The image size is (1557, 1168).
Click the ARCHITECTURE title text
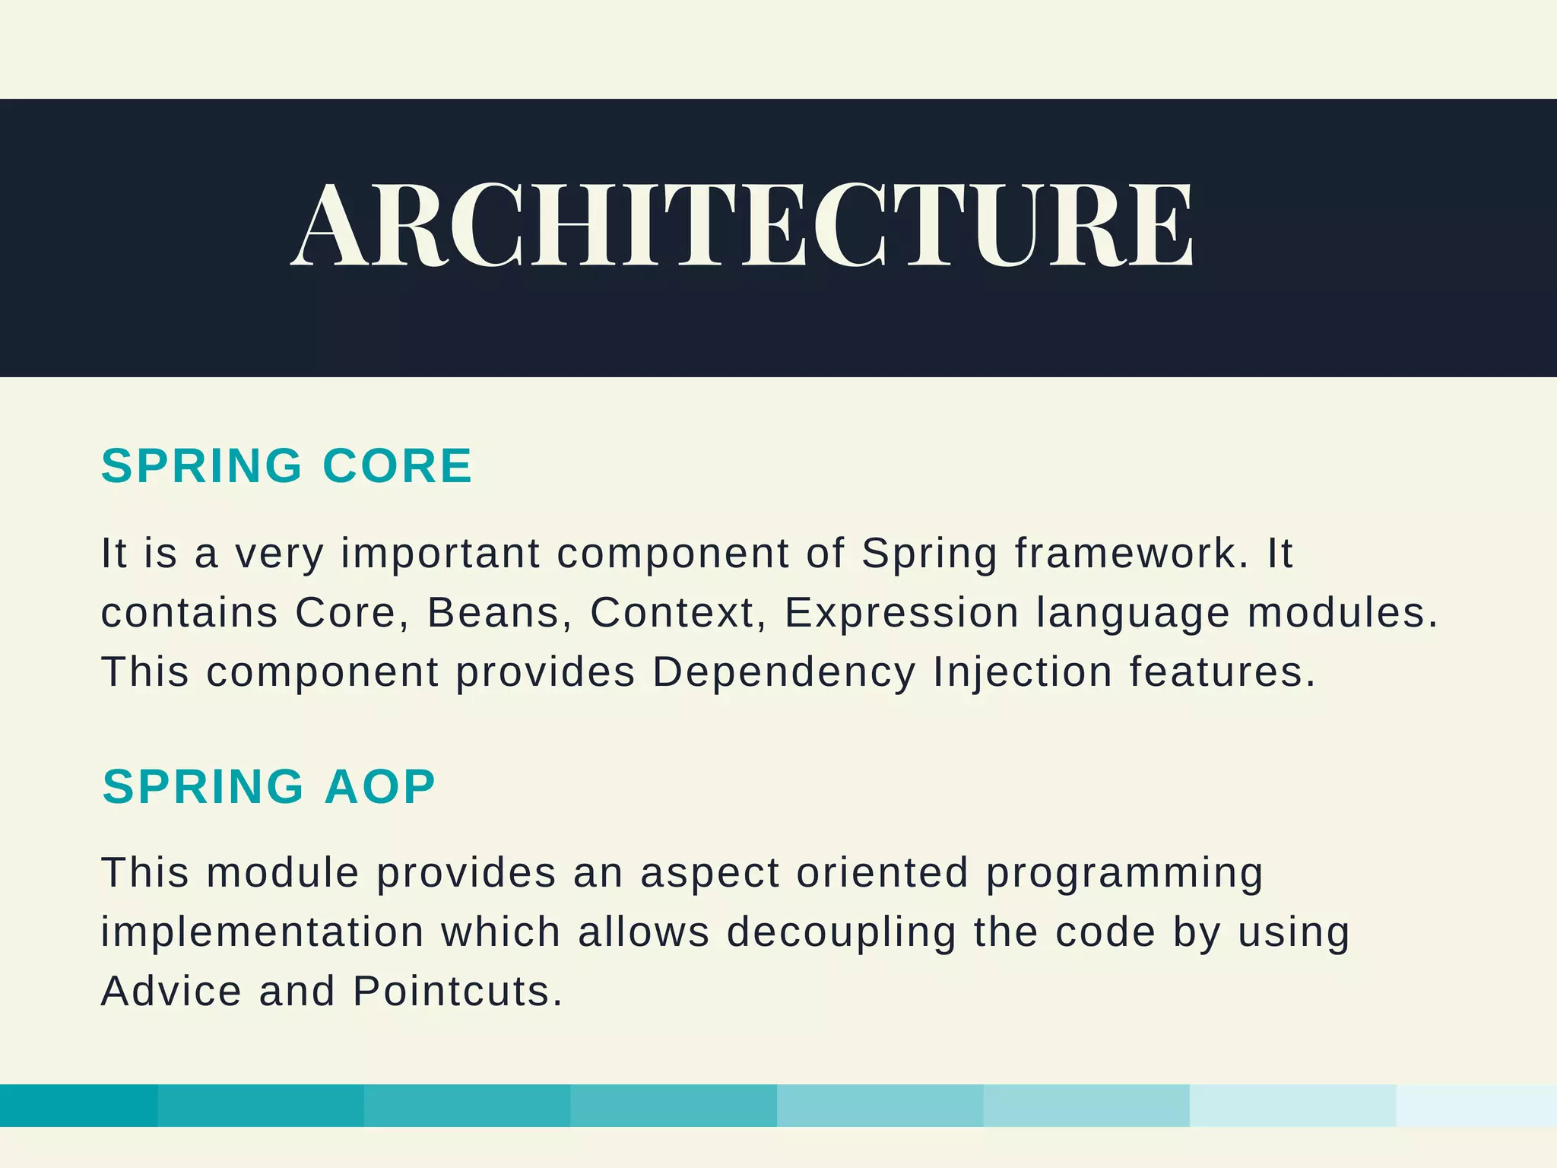pos(742,226)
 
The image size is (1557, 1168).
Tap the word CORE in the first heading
pos(397,465)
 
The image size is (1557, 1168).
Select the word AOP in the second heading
pos(379,786)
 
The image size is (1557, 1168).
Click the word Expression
pos(901,613)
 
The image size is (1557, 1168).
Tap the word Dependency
pos(784,673)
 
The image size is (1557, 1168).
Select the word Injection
pos(1023,673)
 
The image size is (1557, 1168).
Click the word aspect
pos(709,873)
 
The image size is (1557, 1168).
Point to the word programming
pos(1124,873)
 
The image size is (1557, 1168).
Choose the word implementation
pos(262,932)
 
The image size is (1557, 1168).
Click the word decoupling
pos(841,932)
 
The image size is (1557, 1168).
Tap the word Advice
pos(171,992)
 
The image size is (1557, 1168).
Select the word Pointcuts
pos(457,992)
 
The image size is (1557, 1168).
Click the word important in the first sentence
pos(440,553)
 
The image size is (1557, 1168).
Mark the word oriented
pos(882,873)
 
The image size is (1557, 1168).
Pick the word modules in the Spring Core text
pos(1342,613)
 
